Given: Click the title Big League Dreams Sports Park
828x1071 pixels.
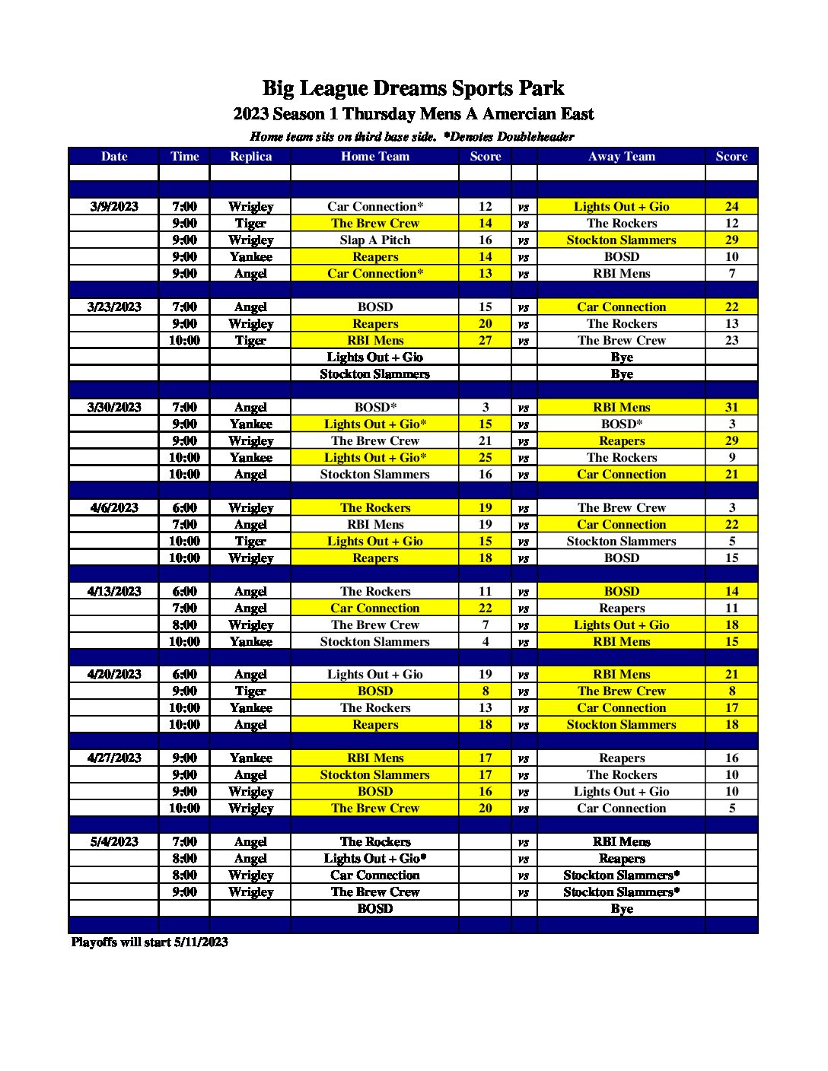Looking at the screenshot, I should [413, 88].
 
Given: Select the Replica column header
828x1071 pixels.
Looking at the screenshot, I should [250, 157].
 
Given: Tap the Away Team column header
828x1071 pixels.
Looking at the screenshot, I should [621, 157].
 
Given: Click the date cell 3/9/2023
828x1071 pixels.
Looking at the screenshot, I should [114, 207].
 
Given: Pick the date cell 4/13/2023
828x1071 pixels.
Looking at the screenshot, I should [114, 592].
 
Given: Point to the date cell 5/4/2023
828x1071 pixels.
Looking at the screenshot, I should [114, 842].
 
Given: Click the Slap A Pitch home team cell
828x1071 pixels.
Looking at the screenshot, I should [374, 240].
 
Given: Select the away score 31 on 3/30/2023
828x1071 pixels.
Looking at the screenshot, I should [731, 408].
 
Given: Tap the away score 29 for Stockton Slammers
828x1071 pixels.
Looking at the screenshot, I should [731, 240].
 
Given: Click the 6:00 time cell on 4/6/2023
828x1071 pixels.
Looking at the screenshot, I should [184, 508].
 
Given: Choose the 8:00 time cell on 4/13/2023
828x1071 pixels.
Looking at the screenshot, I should [184, 625].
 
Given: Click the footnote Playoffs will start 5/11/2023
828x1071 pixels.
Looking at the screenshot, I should [150, 942].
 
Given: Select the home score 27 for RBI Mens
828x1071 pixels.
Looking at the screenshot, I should [485, 341].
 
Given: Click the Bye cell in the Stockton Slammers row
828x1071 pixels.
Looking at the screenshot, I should [621, 374].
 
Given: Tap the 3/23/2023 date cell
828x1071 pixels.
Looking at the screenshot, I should [114, 307].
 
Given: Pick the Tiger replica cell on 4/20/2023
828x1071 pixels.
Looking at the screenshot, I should [250, 691].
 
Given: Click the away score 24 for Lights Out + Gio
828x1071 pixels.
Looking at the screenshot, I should [731, 207].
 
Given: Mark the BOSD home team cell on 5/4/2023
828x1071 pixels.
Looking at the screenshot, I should [374, 909].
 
